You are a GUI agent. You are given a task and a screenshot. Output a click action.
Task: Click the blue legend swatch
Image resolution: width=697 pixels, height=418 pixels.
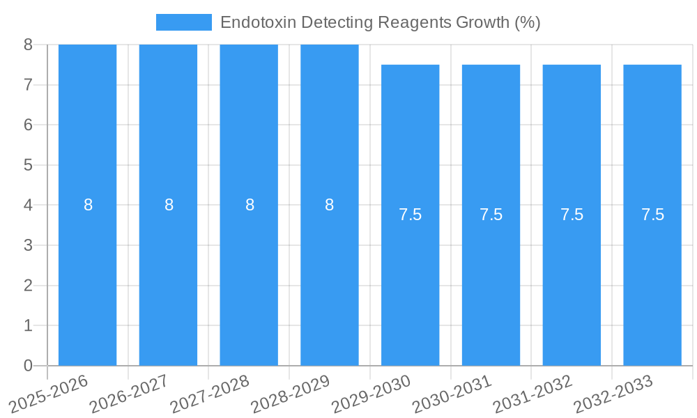(x=183, y=22)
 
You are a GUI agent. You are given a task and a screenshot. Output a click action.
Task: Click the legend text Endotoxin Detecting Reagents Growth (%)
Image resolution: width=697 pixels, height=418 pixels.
(x=380, y=22)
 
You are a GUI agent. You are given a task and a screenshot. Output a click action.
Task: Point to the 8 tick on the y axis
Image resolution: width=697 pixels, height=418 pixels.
(x=28, y=45)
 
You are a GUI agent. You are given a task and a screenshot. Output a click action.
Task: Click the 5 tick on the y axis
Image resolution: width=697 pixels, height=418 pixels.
(x=28, y=165)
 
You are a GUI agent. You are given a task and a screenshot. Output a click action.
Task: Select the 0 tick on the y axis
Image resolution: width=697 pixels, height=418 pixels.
(x=28, y=366)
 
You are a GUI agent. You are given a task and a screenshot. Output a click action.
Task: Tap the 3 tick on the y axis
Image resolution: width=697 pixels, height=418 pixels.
(x=28, y=245)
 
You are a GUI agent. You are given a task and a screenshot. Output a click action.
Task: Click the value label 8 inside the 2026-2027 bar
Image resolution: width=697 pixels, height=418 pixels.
(x=169, y=205)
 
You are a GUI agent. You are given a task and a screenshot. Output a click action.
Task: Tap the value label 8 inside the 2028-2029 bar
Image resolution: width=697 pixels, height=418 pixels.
(x=330, y=205)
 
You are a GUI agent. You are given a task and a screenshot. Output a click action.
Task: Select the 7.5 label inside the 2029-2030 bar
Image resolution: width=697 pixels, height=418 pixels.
(x=411, y=215)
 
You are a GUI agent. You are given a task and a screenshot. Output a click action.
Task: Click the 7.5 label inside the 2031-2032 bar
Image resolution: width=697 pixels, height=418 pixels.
(x=572, y=215)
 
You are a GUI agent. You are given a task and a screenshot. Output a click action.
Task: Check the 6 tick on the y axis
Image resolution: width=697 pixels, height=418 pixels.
(x=28, y=125)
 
